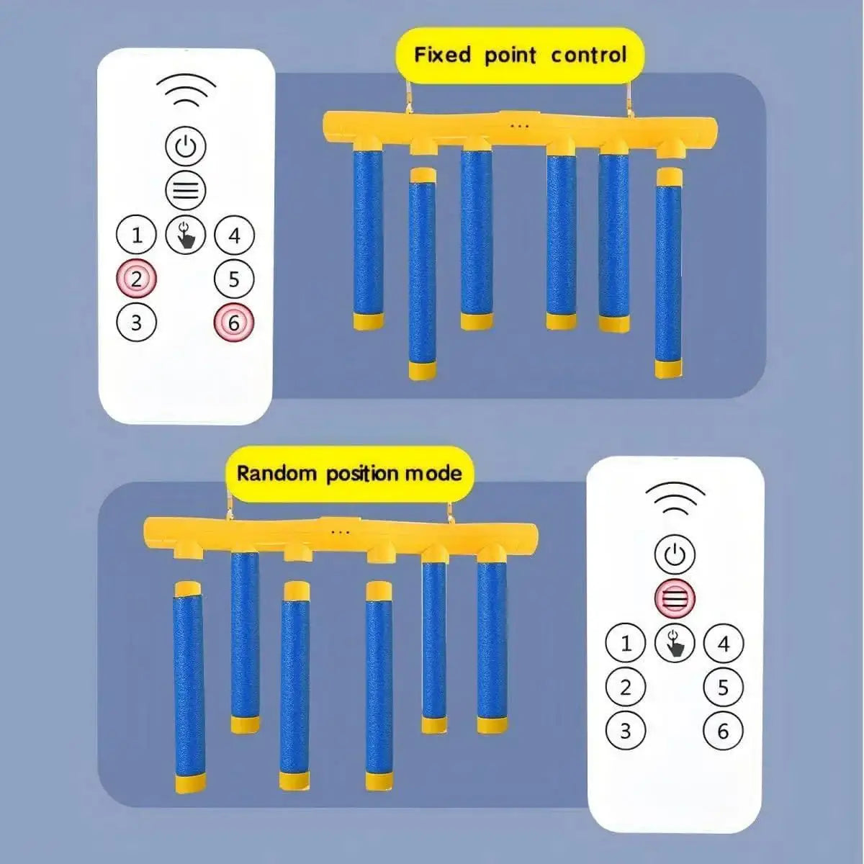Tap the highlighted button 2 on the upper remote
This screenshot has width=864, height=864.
(x=137, y=279)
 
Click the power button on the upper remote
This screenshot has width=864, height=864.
(x=186, y=147)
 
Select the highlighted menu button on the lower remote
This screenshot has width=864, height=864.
(x=675, y=598)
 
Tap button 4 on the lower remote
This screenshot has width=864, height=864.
(x=723, y=643)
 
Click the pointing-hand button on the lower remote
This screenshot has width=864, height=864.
(x=675, y=642)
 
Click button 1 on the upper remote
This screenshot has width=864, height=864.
(x=137, y=235)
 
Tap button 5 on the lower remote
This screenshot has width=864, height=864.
(x=723, y=688)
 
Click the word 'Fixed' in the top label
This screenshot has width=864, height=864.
(x=442, y=55)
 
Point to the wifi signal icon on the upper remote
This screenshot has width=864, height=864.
(x=186, y=90)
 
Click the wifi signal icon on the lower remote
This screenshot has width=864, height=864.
(x=675, y=498)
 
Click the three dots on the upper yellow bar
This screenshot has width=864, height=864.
(x=518, y=126)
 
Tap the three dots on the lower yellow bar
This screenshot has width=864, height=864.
(x=340, y=533)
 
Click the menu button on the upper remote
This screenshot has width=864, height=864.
(x=186, y=191)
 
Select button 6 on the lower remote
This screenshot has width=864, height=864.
(x=723, y=731)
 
